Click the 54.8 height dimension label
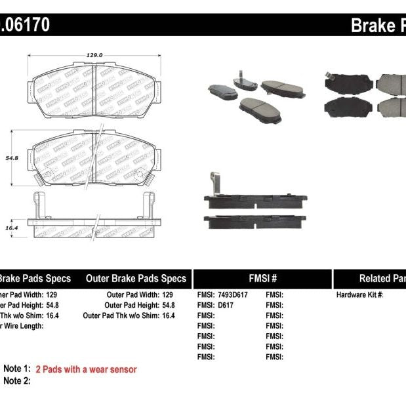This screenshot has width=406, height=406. point(11,158)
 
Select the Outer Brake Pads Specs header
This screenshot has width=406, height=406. point(136,278)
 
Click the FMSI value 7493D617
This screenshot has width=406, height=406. point(233,296)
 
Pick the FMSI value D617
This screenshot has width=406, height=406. point(227,306)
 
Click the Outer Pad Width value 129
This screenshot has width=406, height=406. point(167,296)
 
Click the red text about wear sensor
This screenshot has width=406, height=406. point(86,369)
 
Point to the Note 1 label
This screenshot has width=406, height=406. point(17,369)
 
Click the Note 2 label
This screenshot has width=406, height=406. point(17,380)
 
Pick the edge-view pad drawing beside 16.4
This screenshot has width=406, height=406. point(94,225)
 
